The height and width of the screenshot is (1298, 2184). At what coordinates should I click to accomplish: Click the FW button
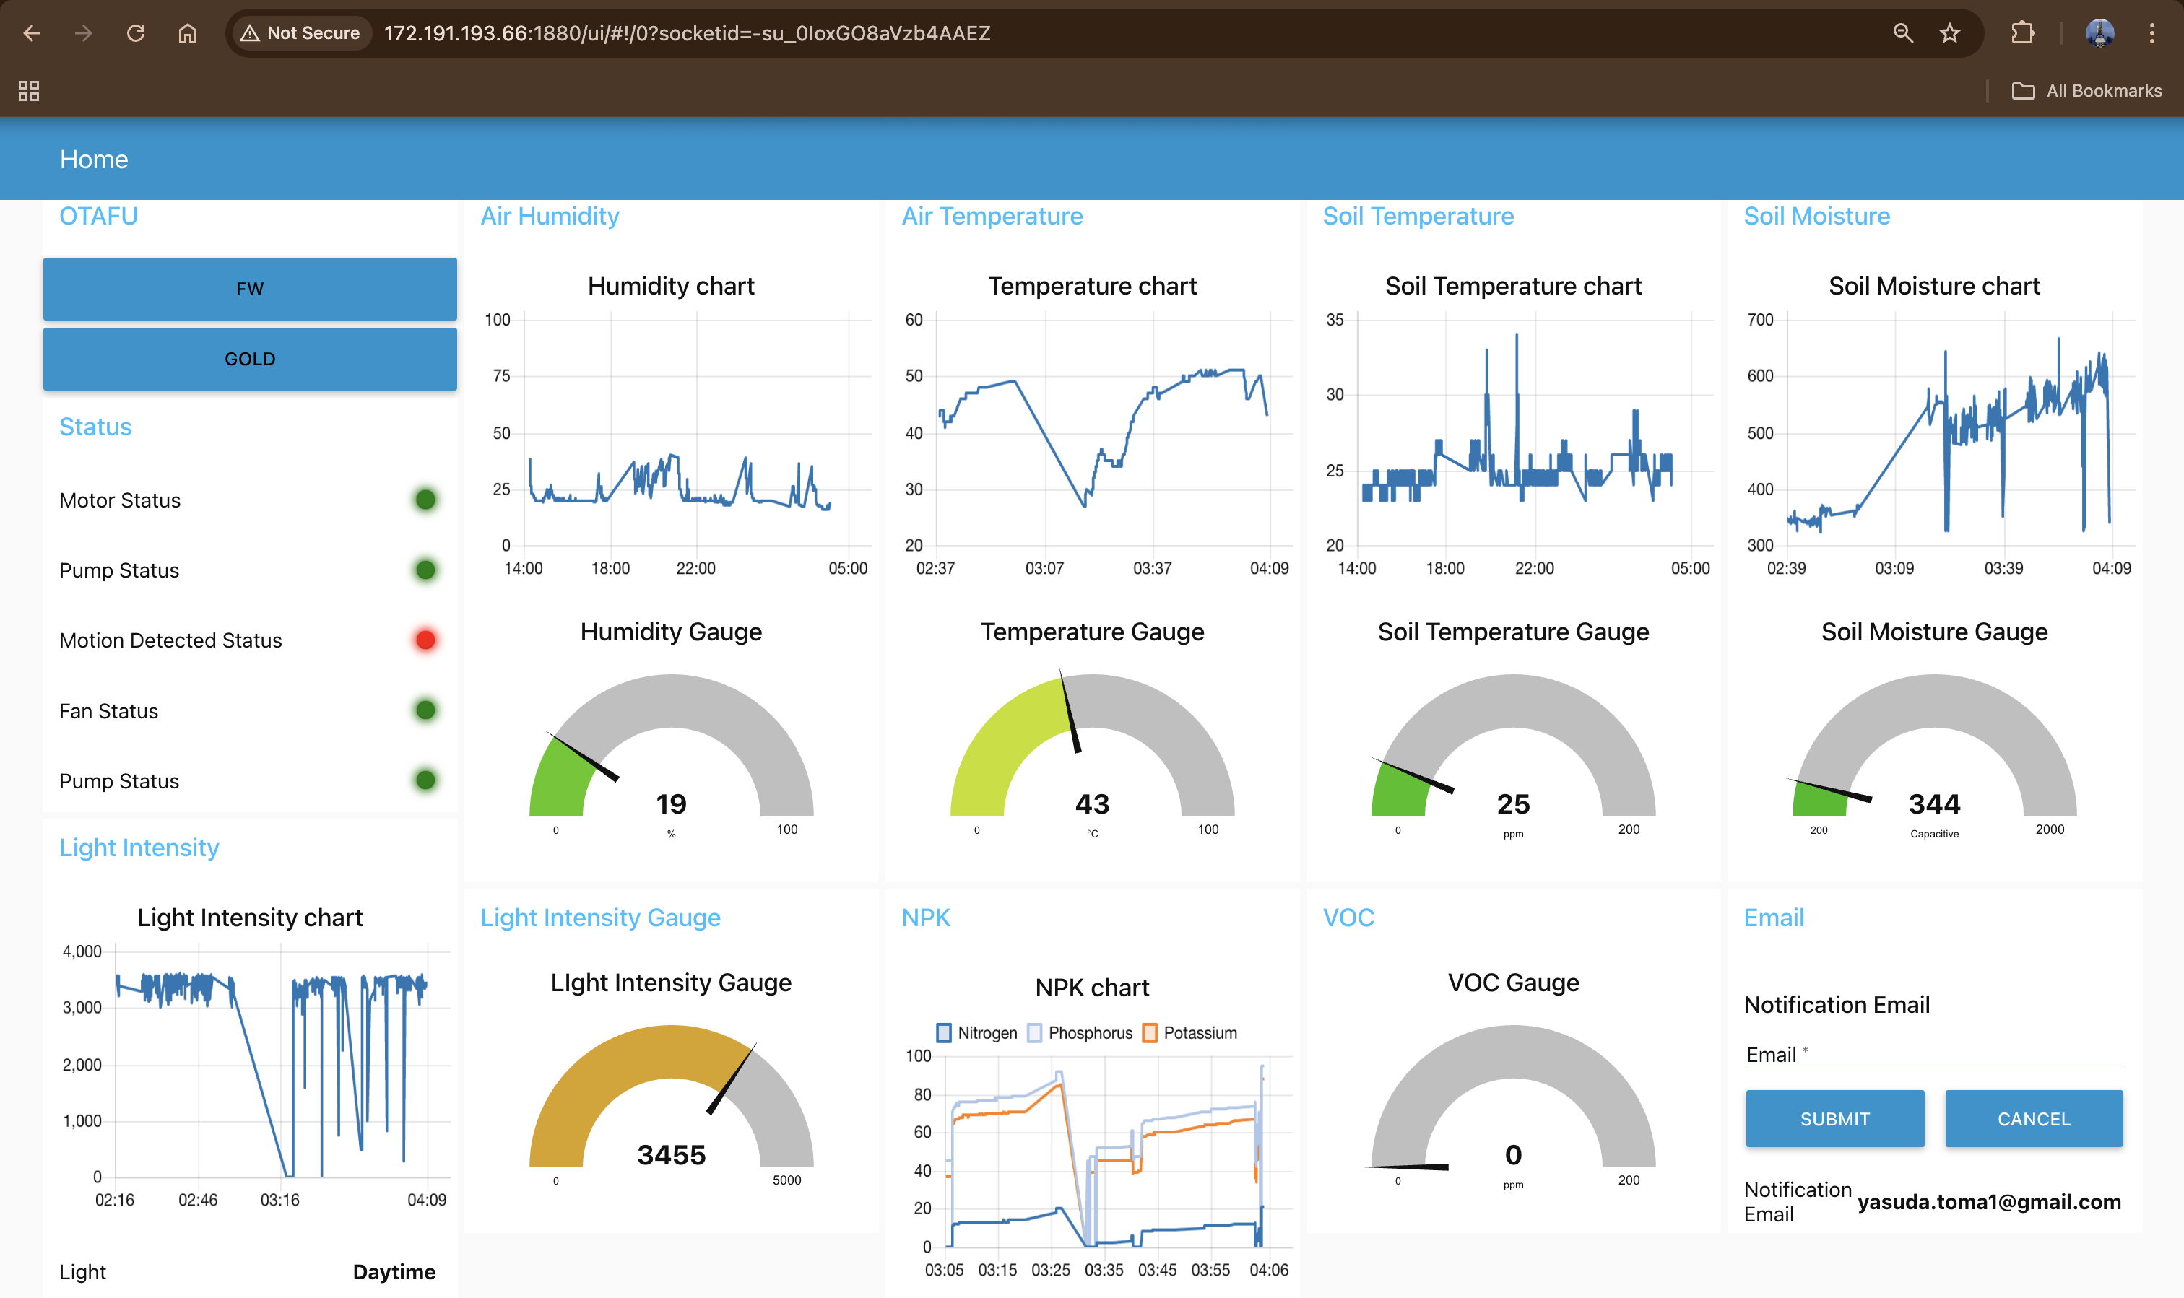click(x=249, y=289)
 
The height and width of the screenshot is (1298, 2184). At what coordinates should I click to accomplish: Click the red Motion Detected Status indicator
click(x=425, y=640)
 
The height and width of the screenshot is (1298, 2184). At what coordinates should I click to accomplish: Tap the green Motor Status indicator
click(x=425, y=500)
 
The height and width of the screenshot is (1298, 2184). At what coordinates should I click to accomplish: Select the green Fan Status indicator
click(x=425, y=710)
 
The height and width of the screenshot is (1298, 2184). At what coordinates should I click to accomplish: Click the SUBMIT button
click(x=1834, y=1119)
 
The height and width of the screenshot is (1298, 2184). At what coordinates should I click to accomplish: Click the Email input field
click(x=1934, y=1055)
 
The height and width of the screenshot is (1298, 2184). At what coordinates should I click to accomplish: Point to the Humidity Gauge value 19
click(x=671, y=803)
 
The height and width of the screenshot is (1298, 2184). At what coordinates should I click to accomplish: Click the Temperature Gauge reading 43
click(x=1092, y=803)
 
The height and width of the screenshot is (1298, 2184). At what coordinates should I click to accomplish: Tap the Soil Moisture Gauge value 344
click(x=1934, y=803)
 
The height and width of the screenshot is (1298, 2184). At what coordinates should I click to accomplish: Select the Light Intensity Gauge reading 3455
click(x=671, y=1154)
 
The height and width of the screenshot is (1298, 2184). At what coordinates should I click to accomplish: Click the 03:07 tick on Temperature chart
click(x=1044, y=569)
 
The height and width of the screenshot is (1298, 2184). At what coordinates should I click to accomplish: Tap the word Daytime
click(x=394, y=1272)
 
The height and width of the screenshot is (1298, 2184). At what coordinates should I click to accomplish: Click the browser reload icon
click(x=136, y=33)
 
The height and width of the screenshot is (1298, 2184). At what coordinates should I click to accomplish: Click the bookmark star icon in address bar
click(x=1949, y=33)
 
